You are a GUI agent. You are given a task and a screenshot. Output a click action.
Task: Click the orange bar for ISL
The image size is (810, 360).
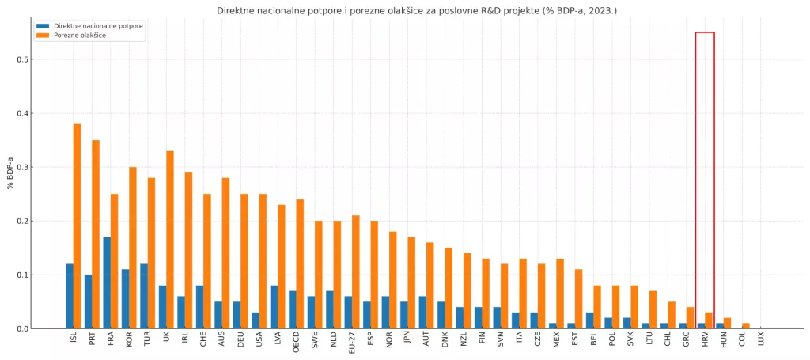pos(78,226)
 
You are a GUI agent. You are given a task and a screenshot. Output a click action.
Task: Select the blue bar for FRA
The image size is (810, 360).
pos(107,282)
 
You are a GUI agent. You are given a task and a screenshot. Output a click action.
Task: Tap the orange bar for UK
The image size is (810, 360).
pos(170,240)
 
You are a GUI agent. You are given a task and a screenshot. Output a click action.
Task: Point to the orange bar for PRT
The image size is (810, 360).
pos(96,234)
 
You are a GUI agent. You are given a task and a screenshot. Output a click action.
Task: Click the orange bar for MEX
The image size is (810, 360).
pos(560,294)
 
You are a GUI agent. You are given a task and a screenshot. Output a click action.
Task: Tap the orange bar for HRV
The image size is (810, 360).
pos(709,320)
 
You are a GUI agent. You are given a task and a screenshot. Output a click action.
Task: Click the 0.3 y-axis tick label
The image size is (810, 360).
pos(24,167)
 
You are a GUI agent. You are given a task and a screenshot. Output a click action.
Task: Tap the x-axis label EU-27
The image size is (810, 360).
pos(352,343)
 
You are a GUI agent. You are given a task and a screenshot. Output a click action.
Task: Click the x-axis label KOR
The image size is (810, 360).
pos(129,340)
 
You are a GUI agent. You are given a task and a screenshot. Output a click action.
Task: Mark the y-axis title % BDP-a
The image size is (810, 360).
pos(10,173)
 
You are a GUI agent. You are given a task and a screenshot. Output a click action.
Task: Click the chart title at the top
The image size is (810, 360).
pos(417,10)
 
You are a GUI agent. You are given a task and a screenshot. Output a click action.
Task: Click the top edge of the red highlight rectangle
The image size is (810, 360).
pos(705,32)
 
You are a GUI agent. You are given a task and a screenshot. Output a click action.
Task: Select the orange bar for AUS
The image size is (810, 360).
pos(225,253)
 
